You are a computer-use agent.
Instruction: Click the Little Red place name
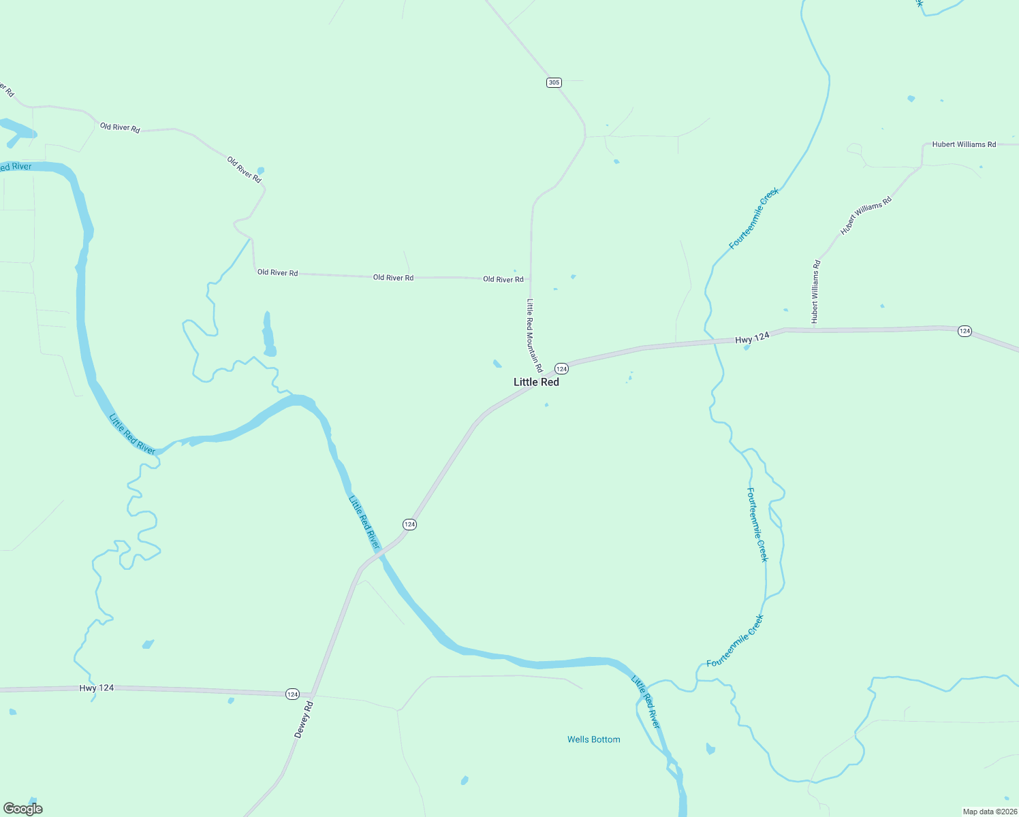[536, 382]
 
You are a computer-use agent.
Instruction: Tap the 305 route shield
[553, 82]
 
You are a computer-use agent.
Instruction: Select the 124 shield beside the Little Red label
[561, 368]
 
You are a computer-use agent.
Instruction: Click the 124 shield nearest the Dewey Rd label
[292, 694]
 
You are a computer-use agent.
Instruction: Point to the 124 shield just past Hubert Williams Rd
[964, 331]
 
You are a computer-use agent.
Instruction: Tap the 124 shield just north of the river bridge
[409, 524]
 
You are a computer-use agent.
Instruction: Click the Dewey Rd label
[303, 720]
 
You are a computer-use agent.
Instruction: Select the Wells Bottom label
[593, 739]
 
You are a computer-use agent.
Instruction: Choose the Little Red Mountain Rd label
[533, 335]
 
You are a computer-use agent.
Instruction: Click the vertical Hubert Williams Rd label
[815, 291]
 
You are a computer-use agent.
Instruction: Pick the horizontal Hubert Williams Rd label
[964, 144]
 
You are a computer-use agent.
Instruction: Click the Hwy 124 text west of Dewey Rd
[96, 688]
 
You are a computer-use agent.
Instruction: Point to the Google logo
[23, 809]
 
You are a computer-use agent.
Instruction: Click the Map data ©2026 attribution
[988, 812]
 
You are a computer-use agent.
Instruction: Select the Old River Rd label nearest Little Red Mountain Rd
[503, 279]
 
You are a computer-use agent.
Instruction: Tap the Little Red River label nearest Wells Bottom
[645, 701]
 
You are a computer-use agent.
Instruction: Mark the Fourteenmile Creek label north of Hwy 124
[753, 219]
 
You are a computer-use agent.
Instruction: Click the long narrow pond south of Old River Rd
[268, 335]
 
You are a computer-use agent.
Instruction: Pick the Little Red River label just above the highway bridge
[364, 522]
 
